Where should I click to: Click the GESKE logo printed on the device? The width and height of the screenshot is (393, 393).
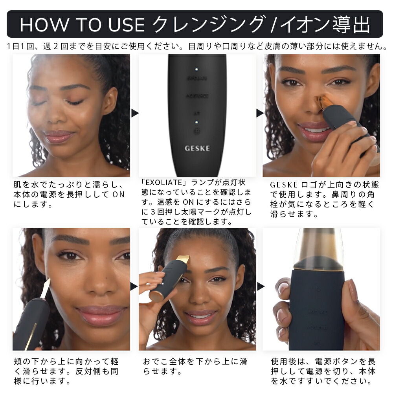pyautogui.click(x=197, y=149)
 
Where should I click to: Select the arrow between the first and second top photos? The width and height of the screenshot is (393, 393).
pyautogui.click(x=135, y=113)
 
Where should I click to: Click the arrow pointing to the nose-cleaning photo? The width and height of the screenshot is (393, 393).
pyautogui.click(x=260, y=113)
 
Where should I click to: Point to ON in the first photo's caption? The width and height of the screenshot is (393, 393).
pyautogui.click(x=118, y=195)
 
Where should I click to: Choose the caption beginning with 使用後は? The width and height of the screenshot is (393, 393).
pyautogui.click(x=323, y=371)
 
